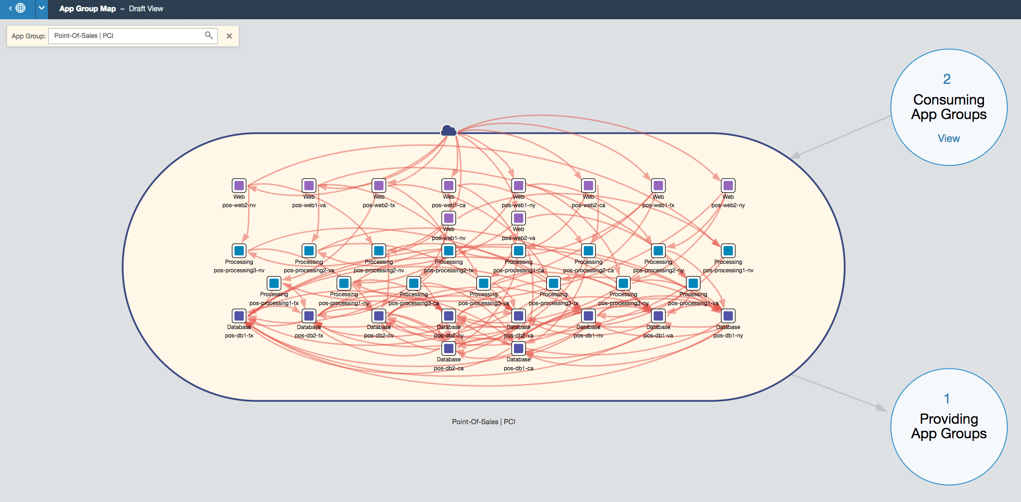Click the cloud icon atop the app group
pyautogui.click(x=448, y=130)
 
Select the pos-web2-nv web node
pyautogui.click(x=239, y=186)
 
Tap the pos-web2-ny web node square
pyautogui.click(x=728, y=186)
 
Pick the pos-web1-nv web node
pyautogui.click(x=448, y=218)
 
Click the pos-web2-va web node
pyautogui.click(x=518, y=218)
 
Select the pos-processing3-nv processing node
pyautogui.click(x=239, y=251)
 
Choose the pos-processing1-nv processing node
pyautogui.click(x=728, y=251)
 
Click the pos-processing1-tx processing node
pyautogui.click(x=274, y=283)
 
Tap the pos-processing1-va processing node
pyautogui.click(x=693, y=283)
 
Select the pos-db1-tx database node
pyautogui.click(x=239, y=316)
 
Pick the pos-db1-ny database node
pyautogui.click(x=728, y=316)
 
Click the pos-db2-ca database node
pyautogui.click(x=448, y=348)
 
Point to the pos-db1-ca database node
pyautogui.click(x=518, y=348)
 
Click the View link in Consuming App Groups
pyautogui.click(x=948, y=138)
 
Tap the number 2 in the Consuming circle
pyautogui.click(x=947, y=79)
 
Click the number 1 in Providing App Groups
pyautogui.click(x=947, y=398)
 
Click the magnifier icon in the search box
pyautogui.click(x=209, y=35)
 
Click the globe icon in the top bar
pyautogui.click(x=20, y=8)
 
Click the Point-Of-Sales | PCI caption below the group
pyautogui.click(x=483, y=421)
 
